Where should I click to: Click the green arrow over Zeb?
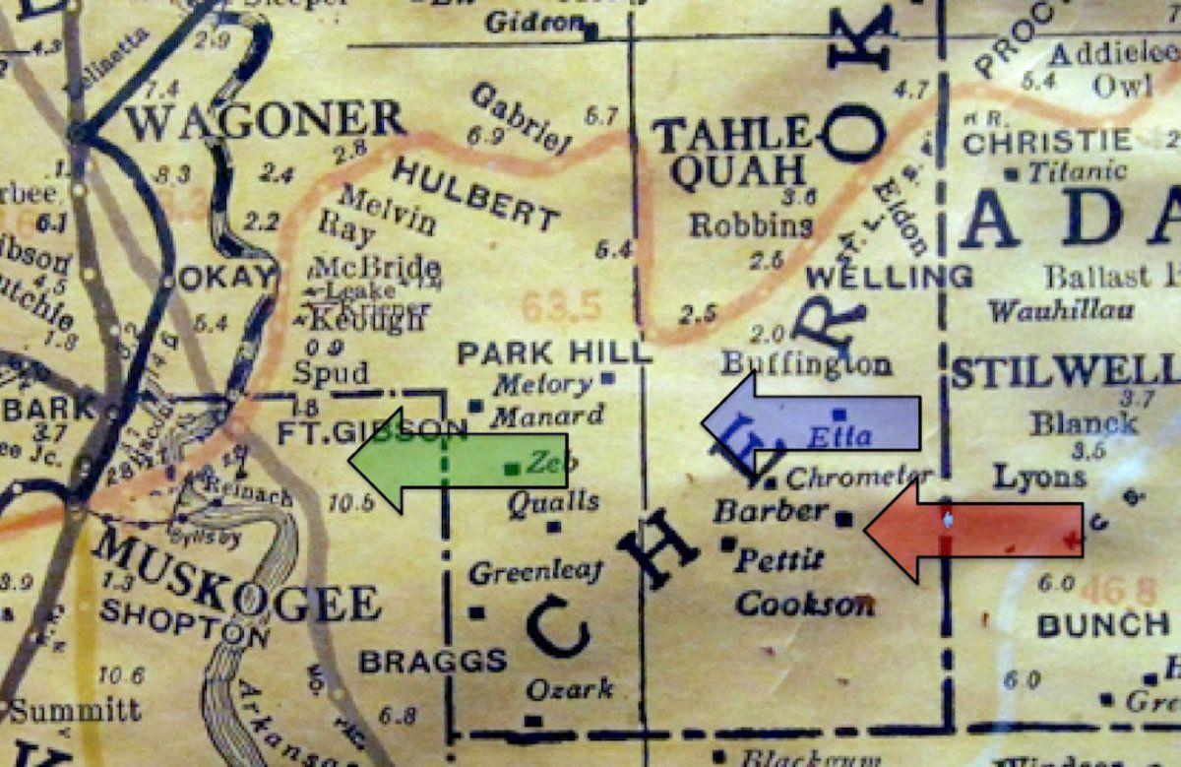tap(458, 460)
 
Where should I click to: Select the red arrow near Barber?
tap(973, 530)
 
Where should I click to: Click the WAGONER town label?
tap(266, 122)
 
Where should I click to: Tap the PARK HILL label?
tap(555, 352)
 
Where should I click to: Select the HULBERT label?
tap(475, 193)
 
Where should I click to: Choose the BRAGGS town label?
tap(433, 661)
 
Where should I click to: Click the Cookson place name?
tap(805, 603)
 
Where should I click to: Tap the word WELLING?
tap(890, 275)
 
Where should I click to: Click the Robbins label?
tap(751, 224)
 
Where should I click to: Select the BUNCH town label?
tap(1103, 624)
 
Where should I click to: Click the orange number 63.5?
tap(561, 307)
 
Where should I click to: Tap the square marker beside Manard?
tap(475, 406)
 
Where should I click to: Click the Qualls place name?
tap(553, 502)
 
